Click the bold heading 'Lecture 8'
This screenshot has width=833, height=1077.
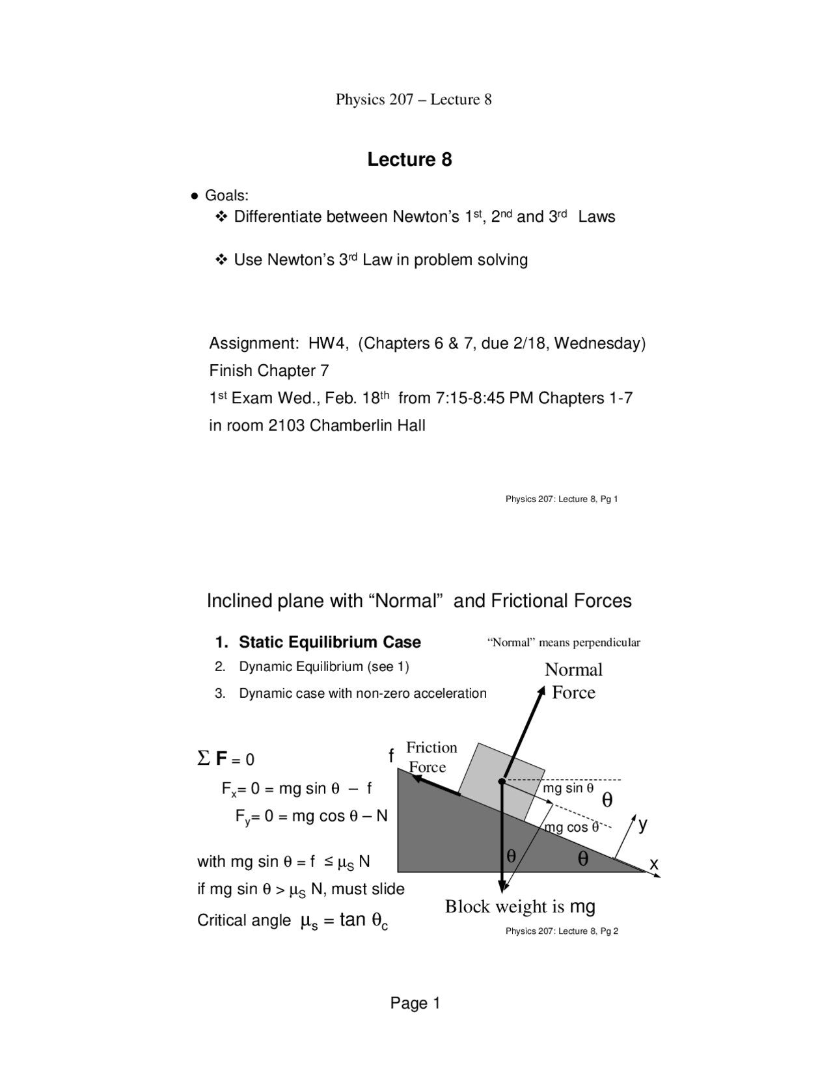(409, 160)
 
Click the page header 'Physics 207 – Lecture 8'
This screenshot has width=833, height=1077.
(413, 100)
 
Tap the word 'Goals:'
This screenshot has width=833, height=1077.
(226, 196)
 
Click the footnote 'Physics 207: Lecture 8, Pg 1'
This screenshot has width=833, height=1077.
(561, 499)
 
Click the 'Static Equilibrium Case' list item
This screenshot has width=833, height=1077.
(329, 643)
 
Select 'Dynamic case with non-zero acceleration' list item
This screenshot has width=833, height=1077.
(362, 694)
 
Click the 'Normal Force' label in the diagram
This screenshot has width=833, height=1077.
(573, 681)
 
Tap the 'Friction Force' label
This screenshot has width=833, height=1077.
(431, 757)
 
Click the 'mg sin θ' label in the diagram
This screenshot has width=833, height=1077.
(568, 788)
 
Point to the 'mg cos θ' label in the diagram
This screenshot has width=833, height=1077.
(571, 828)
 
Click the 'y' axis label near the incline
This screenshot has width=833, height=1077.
(643, 825)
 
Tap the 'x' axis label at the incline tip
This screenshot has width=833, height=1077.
(654, 864)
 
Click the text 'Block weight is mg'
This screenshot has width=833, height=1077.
(520, 907)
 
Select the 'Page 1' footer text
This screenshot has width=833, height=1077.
(415, 1004)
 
